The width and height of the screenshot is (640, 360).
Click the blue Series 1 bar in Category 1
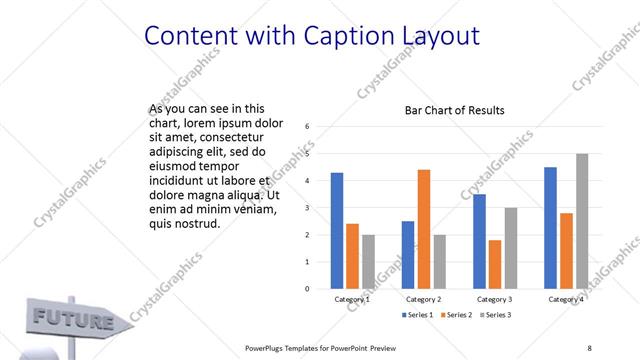tap(337, 231)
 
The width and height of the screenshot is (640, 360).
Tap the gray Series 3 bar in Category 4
tap(582, 221)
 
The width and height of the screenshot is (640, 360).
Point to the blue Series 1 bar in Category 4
tap(550, 228)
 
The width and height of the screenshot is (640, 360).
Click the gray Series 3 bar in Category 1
tap(368, 262)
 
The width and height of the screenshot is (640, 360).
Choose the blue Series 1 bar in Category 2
tap(408, 255)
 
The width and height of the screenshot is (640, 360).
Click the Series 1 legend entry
tap(418, 315)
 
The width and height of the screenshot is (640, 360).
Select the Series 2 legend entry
tap(455, 315)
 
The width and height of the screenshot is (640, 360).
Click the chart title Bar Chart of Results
tap(454, 110)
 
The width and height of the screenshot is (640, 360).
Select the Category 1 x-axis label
tap(352, 299)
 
